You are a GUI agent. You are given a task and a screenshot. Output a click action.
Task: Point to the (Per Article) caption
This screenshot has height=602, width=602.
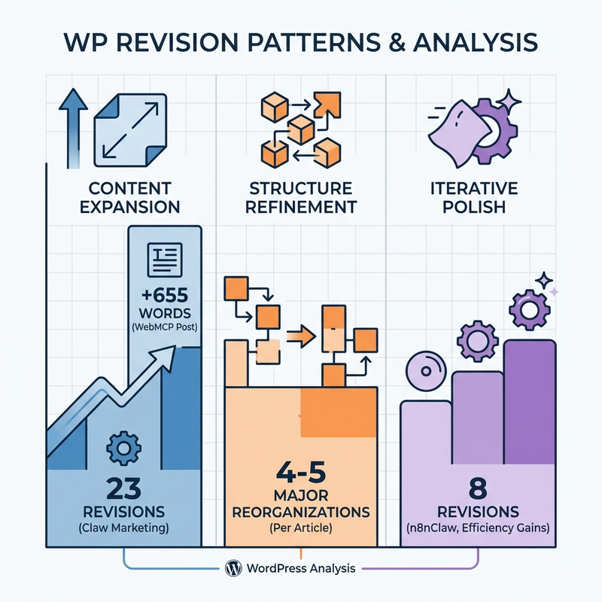tap(301, 528)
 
